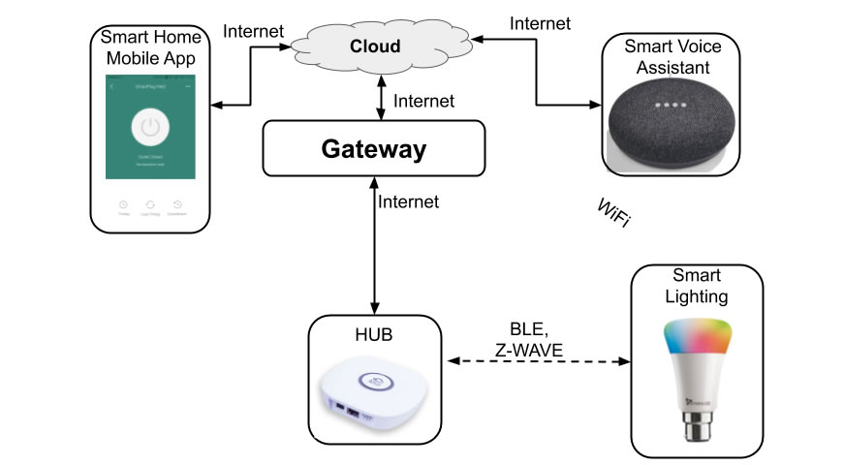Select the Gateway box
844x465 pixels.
click(x=373, y=149)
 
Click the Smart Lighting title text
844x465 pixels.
click(x=697, y=286)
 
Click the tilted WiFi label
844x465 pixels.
click(x=613, y=214)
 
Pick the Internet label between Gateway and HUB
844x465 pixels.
click(x=408, y=201)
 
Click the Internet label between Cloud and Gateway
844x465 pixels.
click(x=423, y=99)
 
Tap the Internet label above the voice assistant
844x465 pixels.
click(x=540, y=22)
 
